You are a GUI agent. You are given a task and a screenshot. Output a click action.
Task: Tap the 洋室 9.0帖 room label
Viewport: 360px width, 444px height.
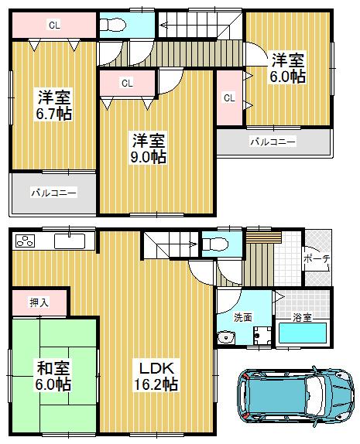point(147,149)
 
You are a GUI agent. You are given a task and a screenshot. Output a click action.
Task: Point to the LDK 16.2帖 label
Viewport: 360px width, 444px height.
point(160,374)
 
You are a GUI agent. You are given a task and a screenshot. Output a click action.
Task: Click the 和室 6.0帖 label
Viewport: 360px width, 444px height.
point(53,375)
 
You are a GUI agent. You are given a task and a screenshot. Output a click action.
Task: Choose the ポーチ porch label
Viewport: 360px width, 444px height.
point(317,258)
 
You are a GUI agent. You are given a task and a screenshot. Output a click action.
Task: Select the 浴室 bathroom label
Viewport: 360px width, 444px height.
point(303,316)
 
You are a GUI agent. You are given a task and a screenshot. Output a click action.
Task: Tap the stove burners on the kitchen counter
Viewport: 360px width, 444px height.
point(25,241)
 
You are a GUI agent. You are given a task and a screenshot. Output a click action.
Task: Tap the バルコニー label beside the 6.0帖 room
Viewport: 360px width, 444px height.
point(272,142)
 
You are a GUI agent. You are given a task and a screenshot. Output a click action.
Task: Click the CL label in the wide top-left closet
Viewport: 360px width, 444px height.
point(53,25)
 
